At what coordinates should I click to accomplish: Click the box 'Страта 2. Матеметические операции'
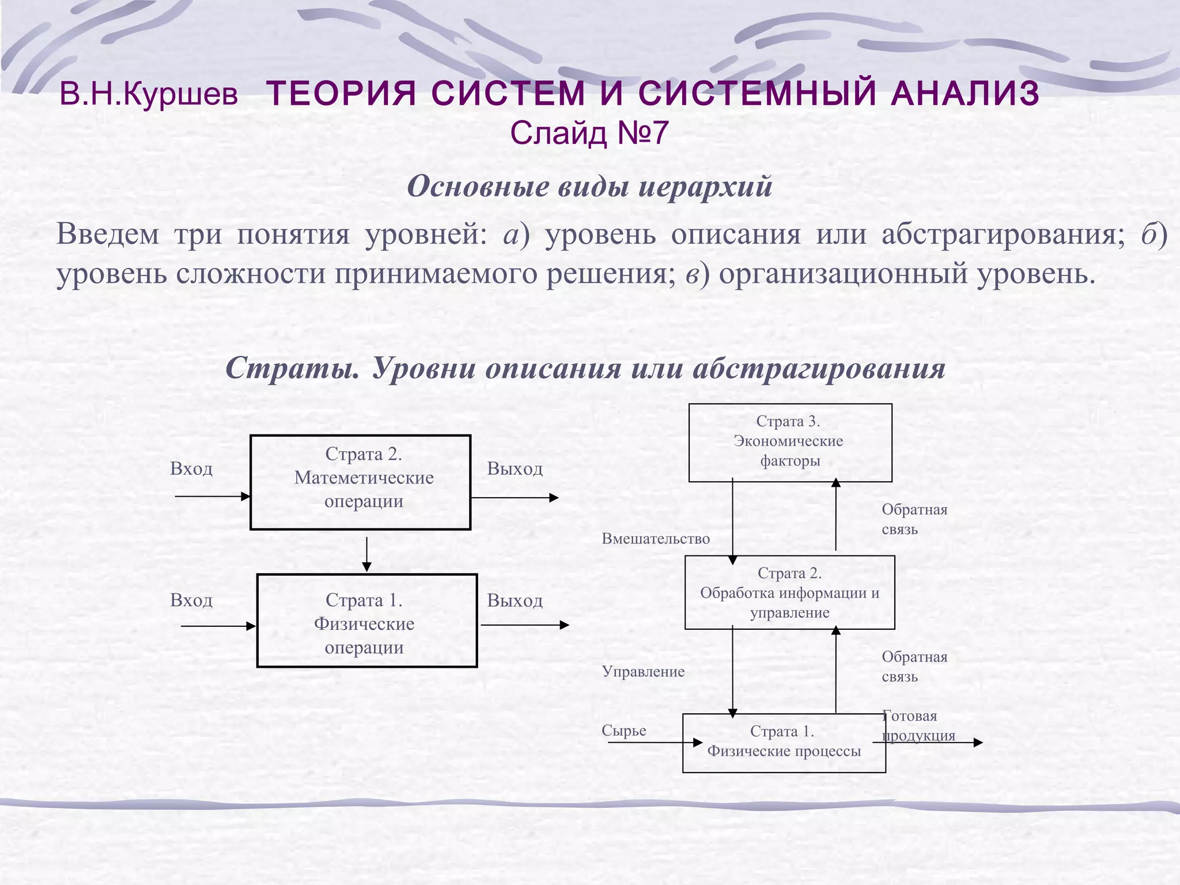pyautogui.click(x=360, y=482)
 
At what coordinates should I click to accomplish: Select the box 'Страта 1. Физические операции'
pyautogui.click(x=366, y=621)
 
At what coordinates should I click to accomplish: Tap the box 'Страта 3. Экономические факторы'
pyautogui.click(x=790, y=442)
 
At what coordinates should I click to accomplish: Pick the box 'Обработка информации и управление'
pyautogui.click(x=789, y=592)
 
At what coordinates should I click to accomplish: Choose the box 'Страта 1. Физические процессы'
pyautogui.click(x=784, y=743)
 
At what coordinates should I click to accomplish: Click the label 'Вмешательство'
pyautogui.click(x=656, y=539)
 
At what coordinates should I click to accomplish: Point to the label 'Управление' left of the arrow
pyautogui.click(x=643, y=671)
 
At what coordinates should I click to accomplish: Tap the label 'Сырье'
pyautogui.click(x=623, y=731)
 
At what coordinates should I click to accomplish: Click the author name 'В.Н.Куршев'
pyautogui.click(x=149, y=94)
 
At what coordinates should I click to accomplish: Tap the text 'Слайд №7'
pyautogui.click(x=589, y=133)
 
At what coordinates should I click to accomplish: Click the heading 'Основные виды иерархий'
pyautogui.click(x=589, y=187)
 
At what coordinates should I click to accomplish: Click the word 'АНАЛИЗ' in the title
pyautogui.click(x=965, y=93)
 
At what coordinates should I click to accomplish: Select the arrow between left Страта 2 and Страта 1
pyautogui.click(x=366, y=554)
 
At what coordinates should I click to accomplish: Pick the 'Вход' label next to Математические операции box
pyautogui.click(x=191, y=468)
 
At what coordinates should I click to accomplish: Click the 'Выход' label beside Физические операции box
pyautogui.click(x=515, y=600)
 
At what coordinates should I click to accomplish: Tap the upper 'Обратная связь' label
pyautogui.click(x=914, y=519)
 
